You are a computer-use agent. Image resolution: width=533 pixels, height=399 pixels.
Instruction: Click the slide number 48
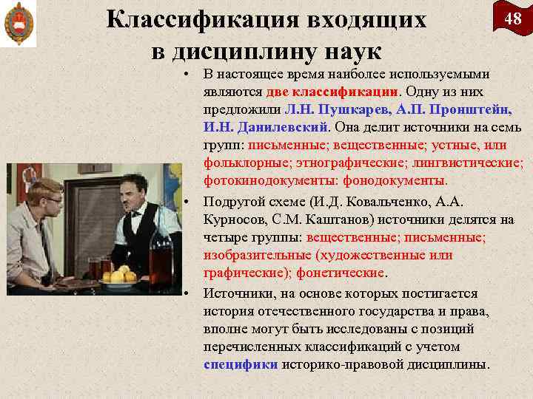point(512,19)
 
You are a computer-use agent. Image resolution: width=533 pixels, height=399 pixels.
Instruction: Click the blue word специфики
point(241,364)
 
